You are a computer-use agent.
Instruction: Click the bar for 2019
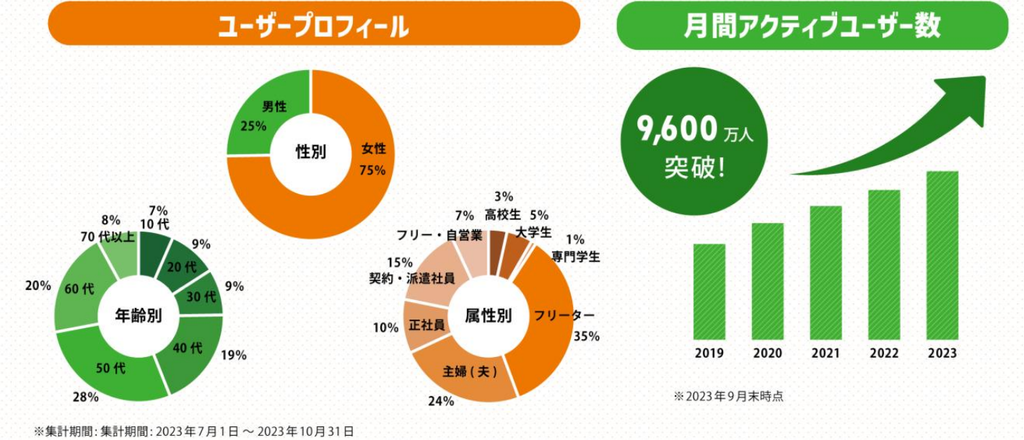tap(709, 291)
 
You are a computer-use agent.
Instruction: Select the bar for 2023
tap(942, 255)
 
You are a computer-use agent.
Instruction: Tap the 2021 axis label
tap(826, 353)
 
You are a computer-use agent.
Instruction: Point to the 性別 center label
tap(311, 152)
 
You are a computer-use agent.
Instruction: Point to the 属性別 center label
tap(489, 315)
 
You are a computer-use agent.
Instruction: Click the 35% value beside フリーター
tap(587, 336)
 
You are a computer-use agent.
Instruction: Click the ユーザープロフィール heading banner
tap(314, 27)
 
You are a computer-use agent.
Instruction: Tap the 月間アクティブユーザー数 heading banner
tap(812, 27)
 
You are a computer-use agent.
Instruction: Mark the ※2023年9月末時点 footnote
tap(728, 396)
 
